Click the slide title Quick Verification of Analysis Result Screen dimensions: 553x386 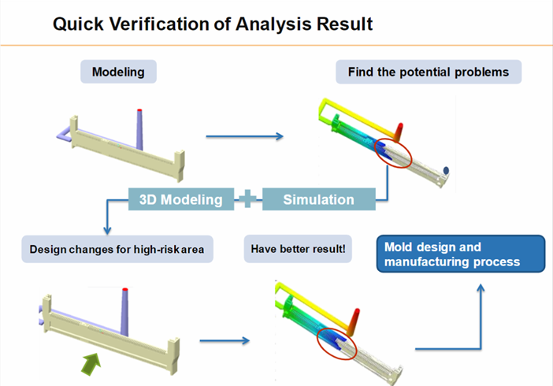pos(213,24)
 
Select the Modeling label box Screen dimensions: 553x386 pos(118,72)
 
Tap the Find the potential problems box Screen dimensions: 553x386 pos(429,72)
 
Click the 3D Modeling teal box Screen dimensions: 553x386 pos(181,199)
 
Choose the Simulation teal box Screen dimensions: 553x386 pos(319,199)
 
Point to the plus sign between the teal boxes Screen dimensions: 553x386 pos(247,199)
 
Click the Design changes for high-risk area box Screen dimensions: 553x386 pos(117,249)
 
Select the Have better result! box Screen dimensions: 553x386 pos(298,249)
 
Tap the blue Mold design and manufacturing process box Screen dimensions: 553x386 pos(461,254)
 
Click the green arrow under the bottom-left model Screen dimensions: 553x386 pos(91,363)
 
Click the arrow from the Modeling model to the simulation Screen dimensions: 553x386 pos(245,136)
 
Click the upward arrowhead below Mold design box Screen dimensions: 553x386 pos(481,288)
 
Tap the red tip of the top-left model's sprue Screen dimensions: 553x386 pos(139,110)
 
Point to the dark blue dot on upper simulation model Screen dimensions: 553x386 pos(446,170)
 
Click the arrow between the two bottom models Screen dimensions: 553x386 pos(225,340)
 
